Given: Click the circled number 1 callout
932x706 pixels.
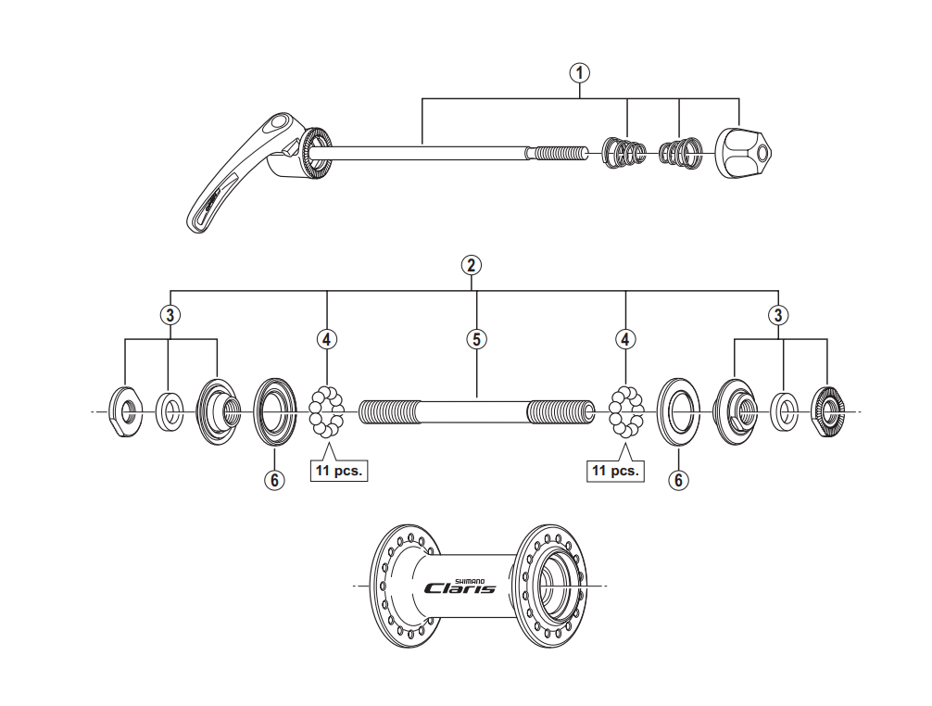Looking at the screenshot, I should point(581,73).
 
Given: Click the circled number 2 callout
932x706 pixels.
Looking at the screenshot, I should point(472,265).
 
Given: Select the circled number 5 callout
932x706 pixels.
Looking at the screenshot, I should point(476,339).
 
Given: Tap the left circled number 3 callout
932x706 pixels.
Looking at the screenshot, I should point(169,315).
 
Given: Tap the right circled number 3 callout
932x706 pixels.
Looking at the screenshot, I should point(778,315).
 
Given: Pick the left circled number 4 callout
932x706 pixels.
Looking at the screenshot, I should point(326,339).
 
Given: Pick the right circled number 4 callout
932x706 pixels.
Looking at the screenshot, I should point(626,339).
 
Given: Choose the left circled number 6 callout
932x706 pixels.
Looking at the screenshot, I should point(274,480).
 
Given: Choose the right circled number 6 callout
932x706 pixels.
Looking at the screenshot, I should point(679,480).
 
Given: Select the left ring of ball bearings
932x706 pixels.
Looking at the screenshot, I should point(326,411).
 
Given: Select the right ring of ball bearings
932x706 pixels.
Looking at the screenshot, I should point(626,411).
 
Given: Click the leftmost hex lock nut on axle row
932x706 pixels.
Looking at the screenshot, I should point(124,411).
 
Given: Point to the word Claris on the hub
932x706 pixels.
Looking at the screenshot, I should point(459,587).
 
